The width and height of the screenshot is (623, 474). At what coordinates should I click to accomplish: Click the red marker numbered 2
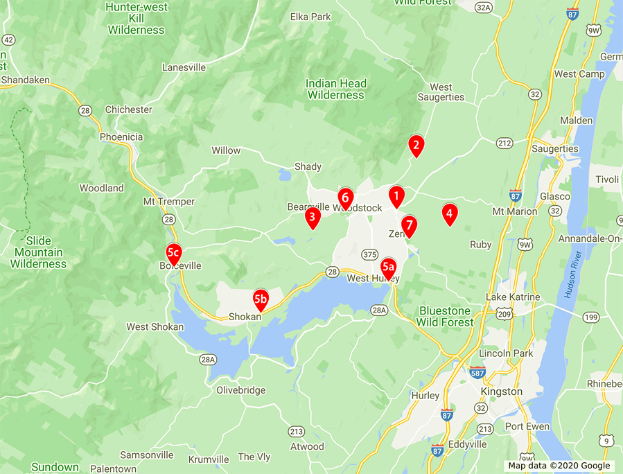pos(416,145)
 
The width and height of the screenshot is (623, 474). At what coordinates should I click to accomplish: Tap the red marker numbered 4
pos(449,214)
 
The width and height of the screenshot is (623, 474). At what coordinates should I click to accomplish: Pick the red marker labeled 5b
pos(261,299)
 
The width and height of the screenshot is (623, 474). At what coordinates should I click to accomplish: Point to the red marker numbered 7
pos(409,225)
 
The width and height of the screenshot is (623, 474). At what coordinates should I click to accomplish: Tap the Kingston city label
pos(502,392)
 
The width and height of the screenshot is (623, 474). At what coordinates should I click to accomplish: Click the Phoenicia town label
pos(121,137)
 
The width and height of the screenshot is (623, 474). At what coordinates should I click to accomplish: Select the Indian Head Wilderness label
pos(335,89)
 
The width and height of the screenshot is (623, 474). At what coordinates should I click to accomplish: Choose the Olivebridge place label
pos(241,390)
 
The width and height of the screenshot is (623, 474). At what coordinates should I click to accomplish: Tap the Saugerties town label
pos(554,148)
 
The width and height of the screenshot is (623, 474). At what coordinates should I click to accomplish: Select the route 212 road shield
pos(504,143)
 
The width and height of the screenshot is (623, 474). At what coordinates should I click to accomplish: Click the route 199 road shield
pos(590,318)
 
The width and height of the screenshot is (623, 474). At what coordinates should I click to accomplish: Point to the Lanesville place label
pos(184,67)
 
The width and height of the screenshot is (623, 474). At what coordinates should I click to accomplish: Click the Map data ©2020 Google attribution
pos(559,466)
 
